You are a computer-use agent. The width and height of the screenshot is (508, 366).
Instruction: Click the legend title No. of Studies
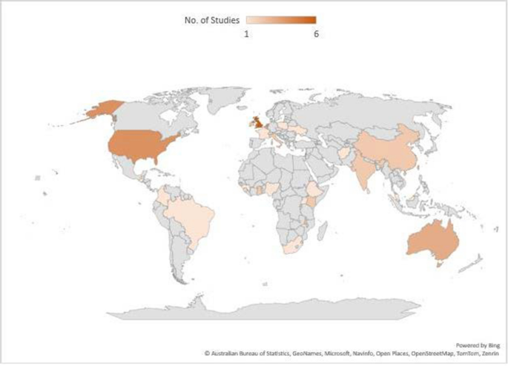pyautogui.click(x=212, y=20)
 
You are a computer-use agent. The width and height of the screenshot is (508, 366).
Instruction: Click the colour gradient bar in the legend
pyautogui.click(x=281, y=20)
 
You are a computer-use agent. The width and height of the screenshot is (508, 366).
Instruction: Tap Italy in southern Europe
pyautogui.click(x=272, y=136)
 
